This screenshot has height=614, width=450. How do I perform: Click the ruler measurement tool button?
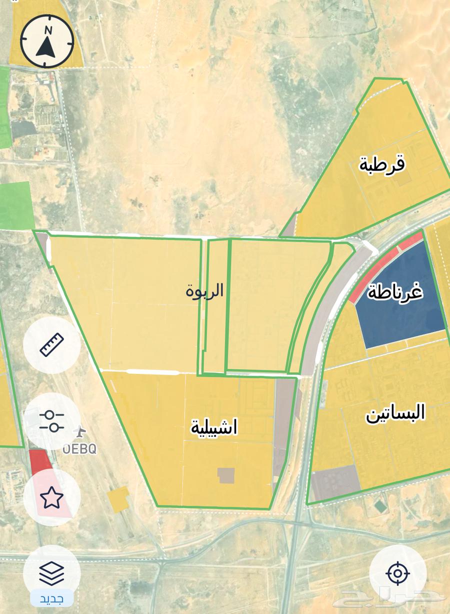[x=52, y=344]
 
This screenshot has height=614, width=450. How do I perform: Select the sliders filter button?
[x=52, y=421]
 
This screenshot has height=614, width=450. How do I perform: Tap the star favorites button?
[x=51, y=498]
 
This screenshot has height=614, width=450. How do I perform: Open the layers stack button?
[x=51, y=572]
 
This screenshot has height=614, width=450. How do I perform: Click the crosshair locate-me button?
[x=397, y=573]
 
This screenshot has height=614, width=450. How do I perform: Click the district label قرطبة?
[x=382, y=164]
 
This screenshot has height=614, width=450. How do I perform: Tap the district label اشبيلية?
[x=214, y=427]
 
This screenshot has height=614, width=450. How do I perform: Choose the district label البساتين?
[x=395, y=413]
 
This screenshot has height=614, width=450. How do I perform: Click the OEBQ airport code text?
[x=80, y=448]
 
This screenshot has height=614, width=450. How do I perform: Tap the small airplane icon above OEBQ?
[x=79, y=430]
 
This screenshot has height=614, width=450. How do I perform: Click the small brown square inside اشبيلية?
[x=226, y=475]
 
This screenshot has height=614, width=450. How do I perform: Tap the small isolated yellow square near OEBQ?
[x=118, y=499]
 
